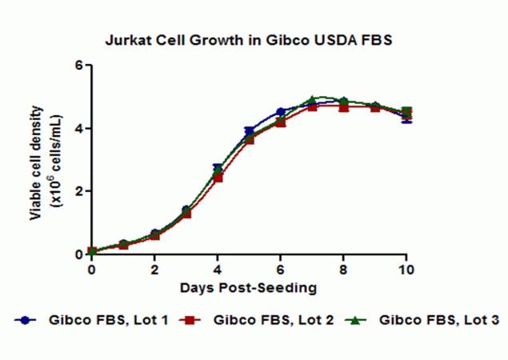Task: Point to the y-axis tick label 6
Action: coord(79,65)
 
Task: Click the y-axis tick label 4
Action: coord(79,128)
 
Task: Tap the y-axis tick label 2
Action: coord(79,191)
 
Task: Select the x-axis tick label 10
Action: coord(407,270)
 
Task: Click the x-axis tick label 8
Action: coord(344,270)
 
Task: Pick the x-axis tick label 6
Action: coord(281,270)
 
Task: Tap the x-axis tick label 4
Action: coord(218,270)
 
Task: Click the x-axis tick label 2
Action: coord(154,270)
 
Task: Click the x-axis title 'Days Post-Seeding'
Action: coord(249,286)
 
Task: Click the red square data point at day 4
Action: coord(218,178)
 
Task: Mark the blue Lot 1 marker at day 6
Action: coord(281,112)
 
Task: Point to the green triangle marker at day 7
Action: coord(313,100)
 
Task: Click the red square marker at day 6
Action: coord(281,122)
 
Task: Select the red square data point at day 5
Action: coord(250,139)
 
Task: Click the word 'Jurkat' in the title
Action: coord(125,39)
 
